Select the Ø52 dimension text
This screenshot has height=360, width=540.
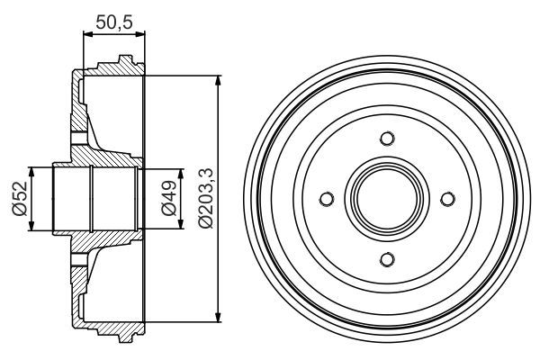pyautogui.click(x=18, y=199)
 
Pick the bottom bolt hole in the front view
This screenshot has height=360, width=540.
pyautogui.click(x=387, y=259)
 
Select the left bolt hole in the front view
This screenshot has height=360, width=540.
pyautogui.click(x=327, y=199)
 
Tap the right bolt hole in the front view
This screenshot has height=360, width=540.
pyautogui.click(x=447, y=199)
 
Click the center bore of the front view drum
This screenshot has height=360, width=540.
pyautogui.click(x=387, y=199)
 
